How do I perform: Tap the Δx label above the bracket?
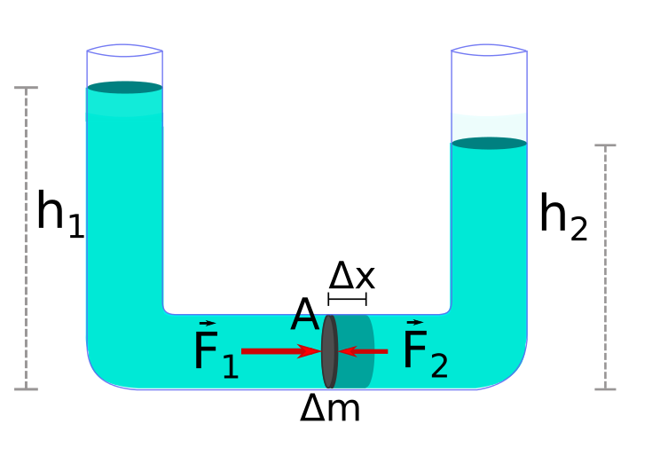point(351,276)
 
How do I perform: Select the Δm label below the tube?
point(330,409)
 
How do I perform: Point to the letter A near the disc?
point(304,315)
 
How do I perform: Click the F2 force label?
point(425,349)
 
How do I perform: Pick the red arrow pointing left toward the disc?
point(365,352)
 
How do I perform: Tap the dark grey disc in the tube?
point(329,351)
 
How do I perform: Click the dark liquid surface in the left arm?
point(124,87)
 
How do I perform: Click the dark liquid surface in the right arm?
point(489,143)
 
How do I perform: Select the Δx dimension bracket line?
point(347,299)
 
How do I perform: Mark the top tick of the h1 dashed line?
point(27,88)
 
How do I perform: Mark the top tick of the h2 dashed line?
point(605,145)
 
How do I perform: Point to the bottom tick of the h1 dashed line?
point(27,388)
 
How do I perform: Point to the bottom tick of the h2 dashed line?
point(605,388)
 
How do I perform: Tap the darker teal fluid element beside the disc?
point(356,351)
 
